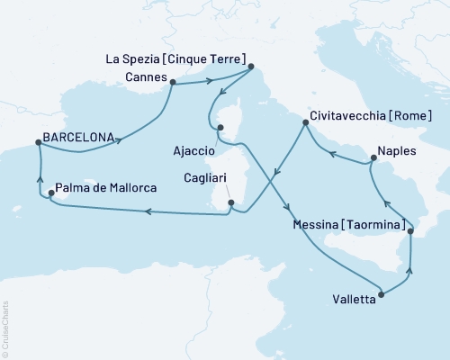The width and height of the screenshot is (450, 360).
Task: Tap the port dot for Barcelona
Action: coord(38,142)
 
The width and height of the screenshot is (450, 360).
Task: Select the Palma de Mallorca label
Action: coord(106,188)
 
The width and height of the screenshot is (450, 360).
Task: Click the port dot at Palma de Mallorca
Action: coord(49,189)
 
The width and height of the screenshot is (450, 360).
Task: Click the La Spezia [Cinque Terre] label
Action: coord(175,60)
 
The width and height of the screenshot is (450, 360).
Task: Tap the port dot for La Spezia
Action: coord(251,66)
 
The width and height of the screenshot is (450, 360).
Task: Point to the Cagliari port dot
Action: coord(231,203)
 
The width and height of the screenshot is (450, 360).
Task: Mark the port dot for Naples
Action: coord(372,160)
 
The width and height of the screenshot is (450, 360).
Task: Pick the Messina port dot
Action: coord(411,232)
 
